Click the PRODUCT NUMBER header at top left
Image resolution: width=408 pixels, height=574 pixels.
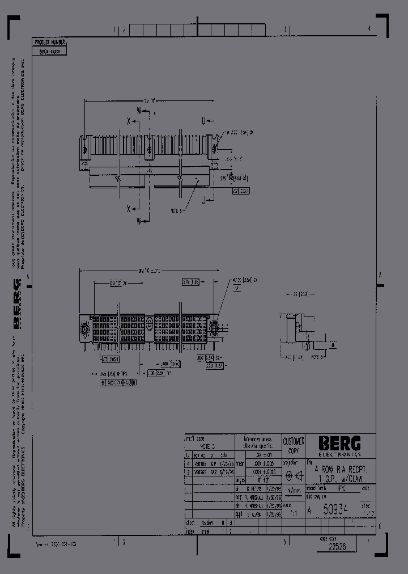point(50,42)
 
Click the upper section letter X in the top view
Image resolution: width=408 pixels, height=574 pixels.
point(129,121)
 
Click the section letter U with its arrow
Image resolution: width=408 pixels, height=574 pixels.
point(219,121)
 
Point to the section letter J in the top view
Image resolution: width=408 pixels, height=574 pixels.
point(202,199)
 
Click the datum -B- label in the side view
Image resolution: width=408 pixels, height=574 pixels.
point(320,358)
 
